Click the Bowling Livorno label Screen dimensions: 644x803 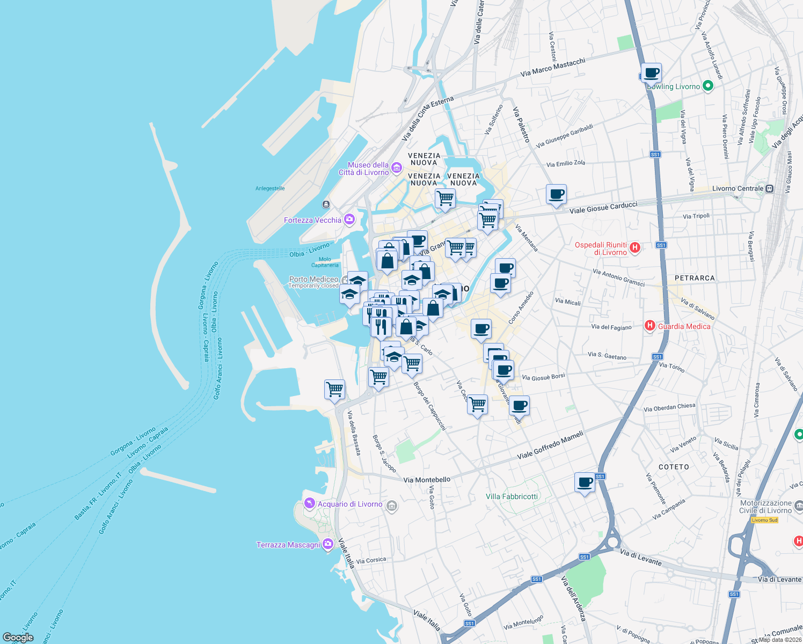674,86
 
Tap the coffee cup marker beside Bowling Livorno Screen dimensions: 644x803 651,73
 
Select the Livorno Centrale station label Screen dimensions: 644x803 738,188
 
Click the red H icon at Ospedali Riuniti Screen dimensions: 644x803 635,247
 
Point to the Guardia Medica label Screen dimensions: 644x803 684,326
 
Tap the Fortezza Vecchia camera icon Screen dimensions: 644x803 349,219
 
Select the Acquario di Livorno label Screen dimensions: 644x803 350,504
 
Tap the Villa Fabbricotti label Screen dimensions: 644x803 512,496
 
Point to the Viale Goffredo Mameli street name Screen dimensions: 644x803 550,446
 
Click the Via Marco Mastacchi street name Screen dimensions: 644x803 552,67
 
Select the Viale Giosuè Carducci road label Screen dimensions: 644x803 603,207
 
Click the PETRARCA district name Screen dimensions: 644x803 695,278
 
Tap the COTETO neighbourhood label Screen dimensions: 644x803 674,467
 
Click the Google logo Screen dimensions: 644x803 18,638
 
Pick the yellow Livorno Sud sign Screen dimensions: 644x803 764,520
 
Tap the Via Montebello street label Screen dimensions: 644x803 427,480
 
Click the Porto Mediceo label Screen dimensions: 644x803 313,279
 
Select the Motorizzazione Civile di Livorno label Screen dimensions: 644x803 765,507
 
